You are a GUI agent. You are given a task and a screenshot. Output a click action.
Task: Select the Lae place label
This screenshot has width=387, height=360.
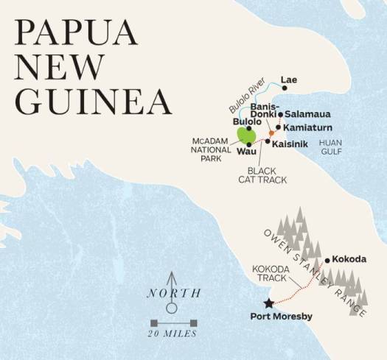coord(289,79)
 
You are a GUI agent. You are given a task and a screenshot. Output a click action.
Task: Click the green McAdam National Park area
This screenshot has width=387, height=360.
coord(246,136)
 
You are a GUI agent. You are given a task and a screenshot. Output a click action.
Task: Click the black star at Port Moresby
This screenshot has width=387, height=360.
coord(268,303)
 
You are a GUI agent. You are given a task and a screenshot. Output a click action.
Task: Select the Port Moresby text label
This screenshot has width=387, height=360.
coord(283,317)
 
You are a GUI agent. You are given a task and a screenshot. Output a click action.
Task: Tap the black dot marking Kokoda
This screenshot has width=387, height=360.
coord(327,260)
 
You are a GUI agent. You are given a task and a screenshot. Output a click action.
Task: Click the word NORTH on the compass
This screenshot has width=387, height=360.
coord(173,293)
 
